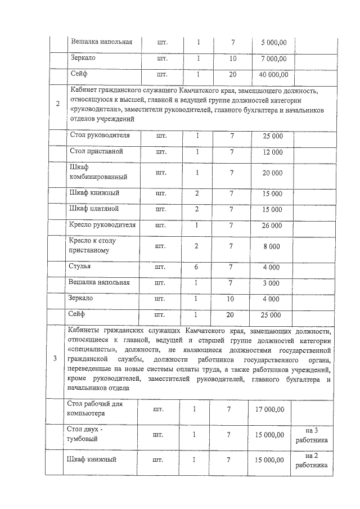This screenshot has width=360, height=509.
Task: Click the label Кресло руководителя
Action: tap(102, 225)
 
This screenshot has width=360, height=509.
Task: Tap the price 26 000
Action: tap(272, 226)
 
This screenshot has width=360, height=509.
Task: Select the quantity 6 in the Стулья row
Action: tap(197, 267)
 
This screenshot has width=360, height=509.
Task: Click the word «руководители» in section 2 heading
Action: tap(95, 110)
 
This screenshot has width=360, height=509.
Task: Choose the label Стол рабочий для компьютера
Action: tap(94, 409)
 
